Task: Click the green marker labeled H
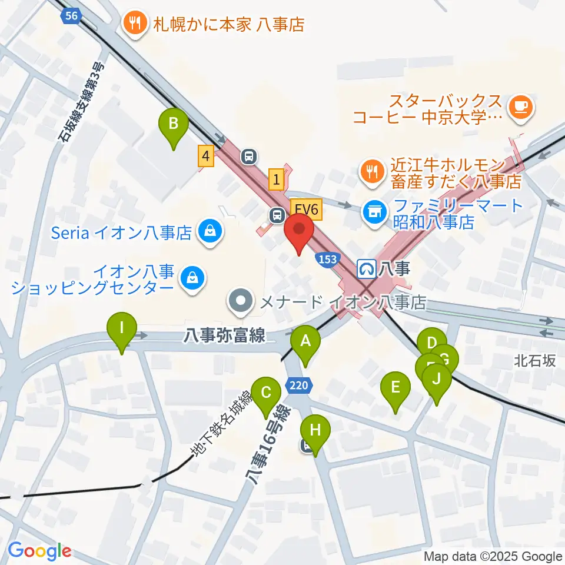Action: pos(315,430)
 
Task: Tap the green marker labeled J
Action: pos(436,378)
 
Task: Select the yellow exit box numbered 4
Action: pos(205,156)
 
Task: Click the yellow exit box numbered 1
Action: pos(277,179)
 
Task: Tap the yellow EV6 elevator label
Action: pos(306,208)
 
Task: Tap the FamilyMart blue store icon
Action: pos(373,209)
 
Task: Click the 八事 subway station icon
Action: pos(366,269)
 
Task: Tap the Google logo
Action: pos(39,551)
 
